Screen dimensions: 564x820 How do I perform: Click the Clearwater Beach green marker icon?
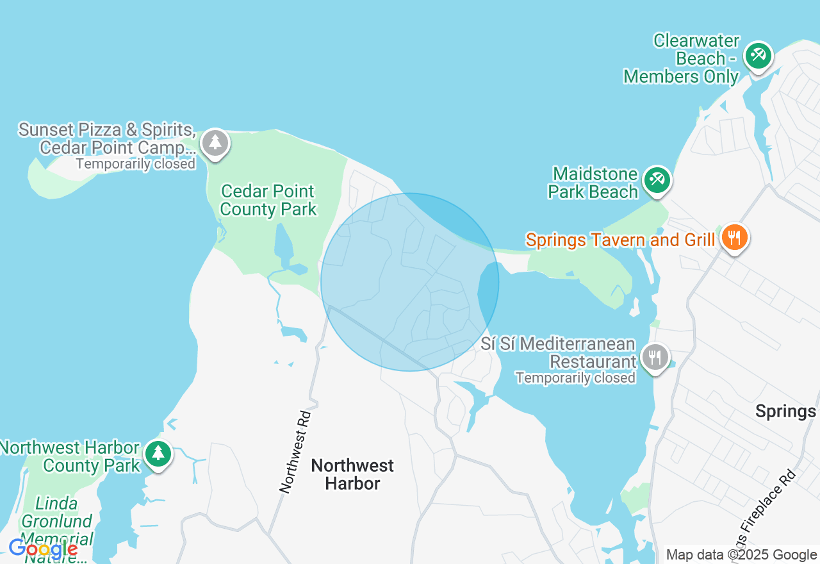click(x=758, y=56)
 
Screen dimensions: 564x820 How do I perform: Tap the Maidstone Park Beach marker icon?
click(x=657, y=180)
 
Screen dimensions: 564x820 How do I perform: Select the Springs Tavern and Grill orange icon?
click(x=734, y=238)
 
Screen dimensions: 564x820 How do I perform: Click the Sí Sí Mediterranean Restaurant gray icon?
click(x=654, y=357)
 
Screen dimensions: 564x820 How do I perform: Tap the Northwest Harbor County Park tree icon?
click(x=158, y=454)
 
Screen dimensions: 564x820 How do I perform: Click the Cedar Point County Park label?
click(x=268, y=200)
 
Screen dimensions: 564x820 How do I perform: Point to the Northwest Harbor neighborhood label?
click(x=352, y=474)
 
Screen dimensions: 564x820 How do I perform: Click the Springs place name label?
click(x=785, y=411)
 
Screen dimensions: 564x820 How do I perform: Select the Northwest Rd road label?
click(x=295, y=452)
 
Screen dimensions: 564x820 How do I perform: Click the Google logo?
click(x=43, y=549)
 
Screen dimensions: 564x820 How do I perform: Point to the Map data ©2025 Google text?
click(x=741, y=555)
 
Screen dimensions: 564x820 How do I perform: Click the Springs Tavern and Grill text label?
click(x=619, y=240)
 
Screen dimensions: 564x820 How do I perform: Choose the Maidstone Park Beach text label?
click(x=595, y=183)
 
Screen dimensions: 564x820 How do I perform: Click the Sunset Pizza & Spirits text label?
click(x=107, y=130)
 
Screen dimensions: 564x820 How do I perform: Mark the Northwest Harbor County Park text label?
click(x=70, y=456)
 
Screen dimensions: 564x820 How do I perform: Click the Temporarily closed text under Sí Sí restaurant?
click(x=575, y=378)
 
